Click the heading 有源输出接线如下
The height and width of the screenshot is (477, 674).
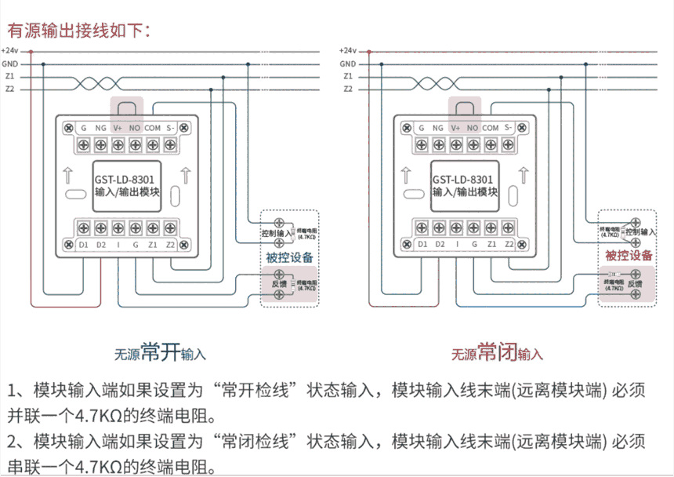coord(78,31)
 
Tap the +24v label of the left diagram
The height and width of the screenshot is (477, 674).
coord(10,50)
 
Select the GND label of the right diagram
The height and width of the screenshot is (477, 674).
coord(348,64)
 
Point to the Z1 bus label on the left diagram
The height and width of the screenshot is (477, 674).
coord(10,77)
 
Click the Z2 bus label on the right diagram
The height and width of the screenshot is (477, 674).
coord(348,89)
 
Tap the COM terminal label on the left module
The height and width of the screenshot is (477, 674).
coord(153,127)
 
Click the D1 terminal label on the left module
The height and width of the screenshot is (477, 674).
coord(84,245)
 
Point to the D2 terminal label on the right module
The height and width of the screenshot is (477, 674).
coord(439,245)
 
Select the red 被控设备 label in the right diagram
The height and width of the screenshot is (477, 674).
coord(629,256)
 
